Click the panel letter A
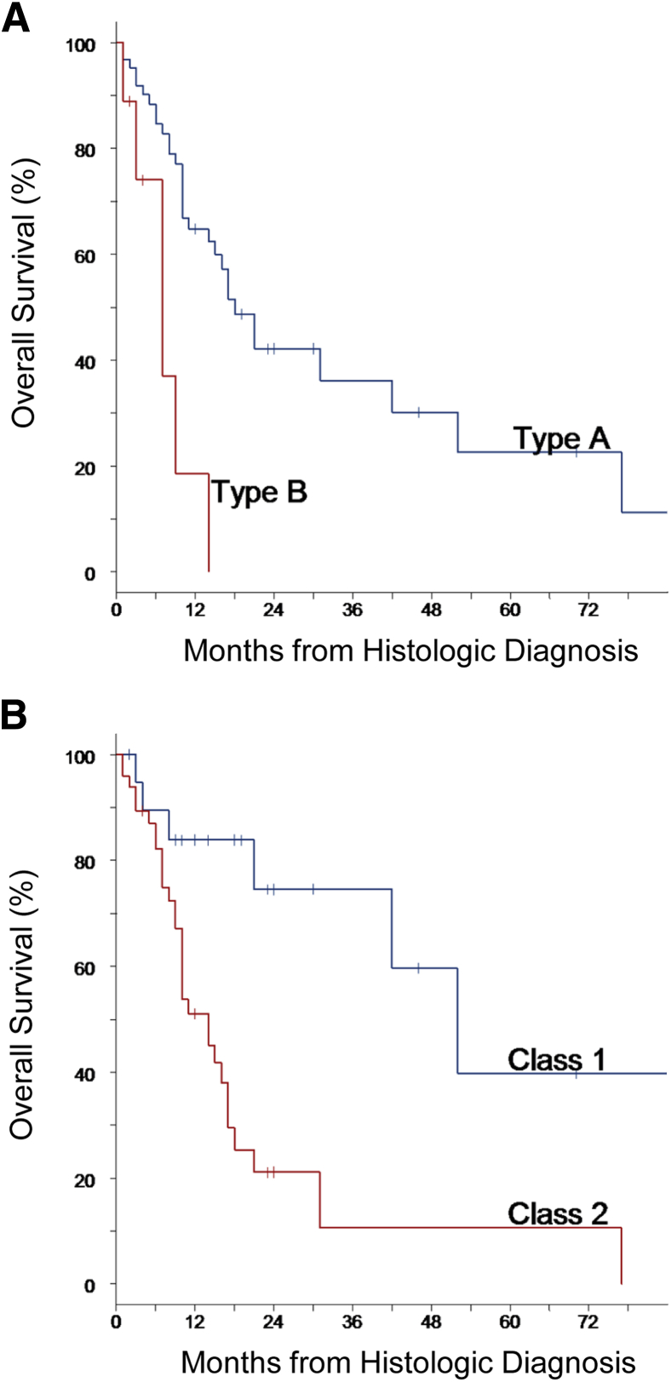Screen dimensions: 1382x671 16,19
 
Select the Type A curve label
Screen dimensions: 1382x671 561,439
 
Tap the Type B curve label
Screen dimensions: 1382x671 259,492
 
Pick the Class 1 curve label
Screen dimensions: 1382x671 556,1060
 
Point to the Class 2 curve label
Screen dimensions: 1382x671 558,1213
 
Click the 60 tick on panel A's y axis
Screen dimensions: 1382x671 85,255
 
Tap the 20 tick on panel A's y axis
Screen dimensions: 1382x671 85,467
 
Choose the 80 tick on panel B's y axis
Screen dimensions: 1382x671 85,861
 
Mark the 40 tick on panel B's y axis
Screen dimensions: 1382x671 85,1073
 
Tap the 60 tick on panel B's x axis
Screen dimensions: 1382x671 510,1322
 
